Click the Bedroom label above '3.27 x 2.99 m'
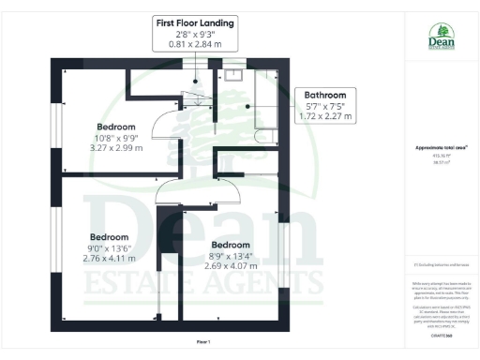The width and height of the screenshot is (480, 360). (116, 127)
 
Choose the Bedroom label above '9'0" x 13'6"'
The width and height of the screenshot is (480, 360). (110, 237)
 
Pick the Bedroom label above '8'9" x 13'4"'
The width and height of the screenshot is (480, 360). (230, 245)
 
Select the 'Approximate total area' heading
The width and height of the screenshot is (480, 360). (441, 148)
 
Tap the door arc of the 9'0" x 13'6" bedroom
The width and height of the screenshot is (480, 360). (170, 190)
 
